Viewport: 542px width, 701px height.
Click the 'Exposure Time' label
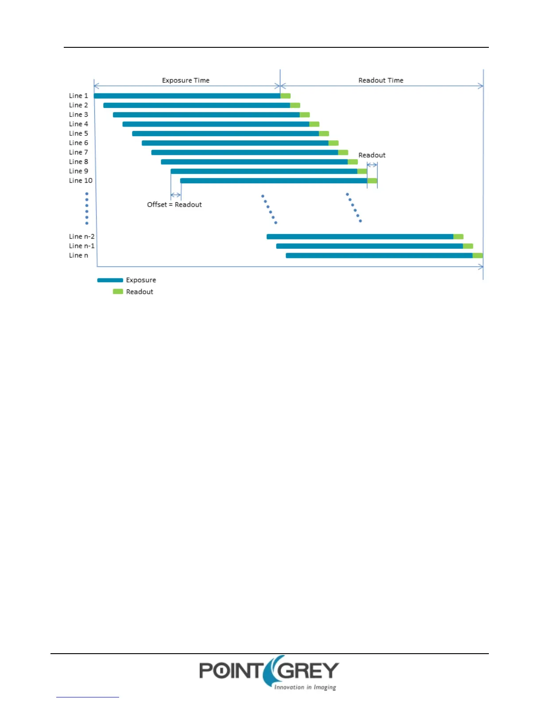[186, 80]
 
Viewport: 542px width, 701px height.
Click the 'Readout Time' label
[381, 80]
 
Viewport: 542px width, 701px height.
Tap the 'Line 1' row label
[78, 96]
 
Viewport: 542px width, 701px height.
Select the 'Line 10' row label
[81, 181]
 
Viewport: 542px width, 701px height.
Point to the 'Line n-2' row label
[81, 236]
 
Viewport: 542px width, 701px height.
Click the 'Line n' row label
[78, 255]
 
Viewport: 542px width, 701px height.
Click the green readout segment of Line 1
[286, 96]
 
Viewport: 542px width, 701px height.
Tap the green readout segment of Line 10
[372, 181]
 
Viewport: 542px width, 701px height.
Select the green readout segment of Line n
[478, 255]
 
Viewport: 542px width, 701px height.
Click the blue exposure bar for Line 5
[225, 134]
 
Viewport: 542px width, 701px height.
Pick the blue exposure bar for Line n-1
[369, 246]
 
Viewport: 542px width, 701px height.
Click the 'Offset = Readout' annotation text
[174, 204]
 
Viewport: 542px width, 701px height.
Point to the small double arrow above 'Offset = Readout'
[176, 195]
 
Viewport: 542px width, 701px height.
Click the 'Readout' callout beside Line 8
[372, 155]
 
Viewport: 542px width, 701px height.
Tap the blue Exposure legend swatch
[110, 280]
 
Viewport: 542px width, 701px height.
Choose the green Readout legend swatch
[118, 292]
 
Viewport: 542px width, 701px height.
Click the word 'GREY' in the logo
[310, 671]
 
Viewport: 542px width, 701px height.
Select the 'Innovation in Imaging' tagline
[305, 687]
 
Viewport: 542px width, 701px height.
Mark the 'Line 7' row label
[78, 152]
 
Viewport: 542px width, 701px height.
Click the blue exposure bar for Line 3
[206, 115]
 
